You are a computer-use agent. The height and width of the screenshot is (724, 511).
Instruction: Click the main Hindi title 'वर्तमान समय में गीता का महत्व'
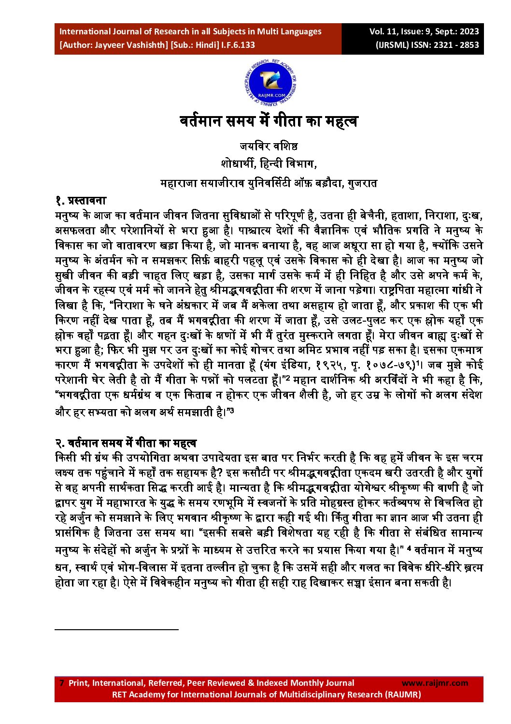coord(269,121)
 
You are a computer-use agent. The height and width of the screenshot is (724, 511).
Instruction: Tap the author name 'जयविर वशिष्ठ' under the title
coord(269,146)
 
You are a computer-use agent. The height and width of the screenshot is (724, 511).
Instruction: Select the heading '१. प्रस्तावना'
coord(81,200)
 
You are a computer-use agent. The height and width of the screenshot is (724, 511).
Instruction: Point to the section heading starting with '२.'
coord(126,443)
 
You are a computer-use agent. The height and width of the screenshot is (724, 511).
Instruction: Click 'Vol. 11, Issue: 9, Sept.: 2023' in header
coord(424,31)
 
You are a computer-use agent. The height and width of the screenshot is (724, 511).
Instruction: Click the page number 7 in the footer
coord(61,683)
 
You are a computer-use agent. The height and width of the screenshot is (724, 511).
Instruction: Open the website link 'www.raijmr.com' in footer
coord(435,683)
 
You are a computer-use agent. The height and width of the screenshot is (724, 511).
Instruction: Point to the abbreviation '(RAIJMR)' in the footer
coord(402,694)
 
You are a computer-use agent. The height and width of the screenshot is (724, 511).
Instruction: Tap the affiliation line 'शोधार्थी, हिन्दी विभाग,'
coord(269,164)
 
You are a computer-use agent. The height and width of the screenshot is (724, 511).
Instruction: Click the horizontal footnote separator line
coord(116,629)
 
